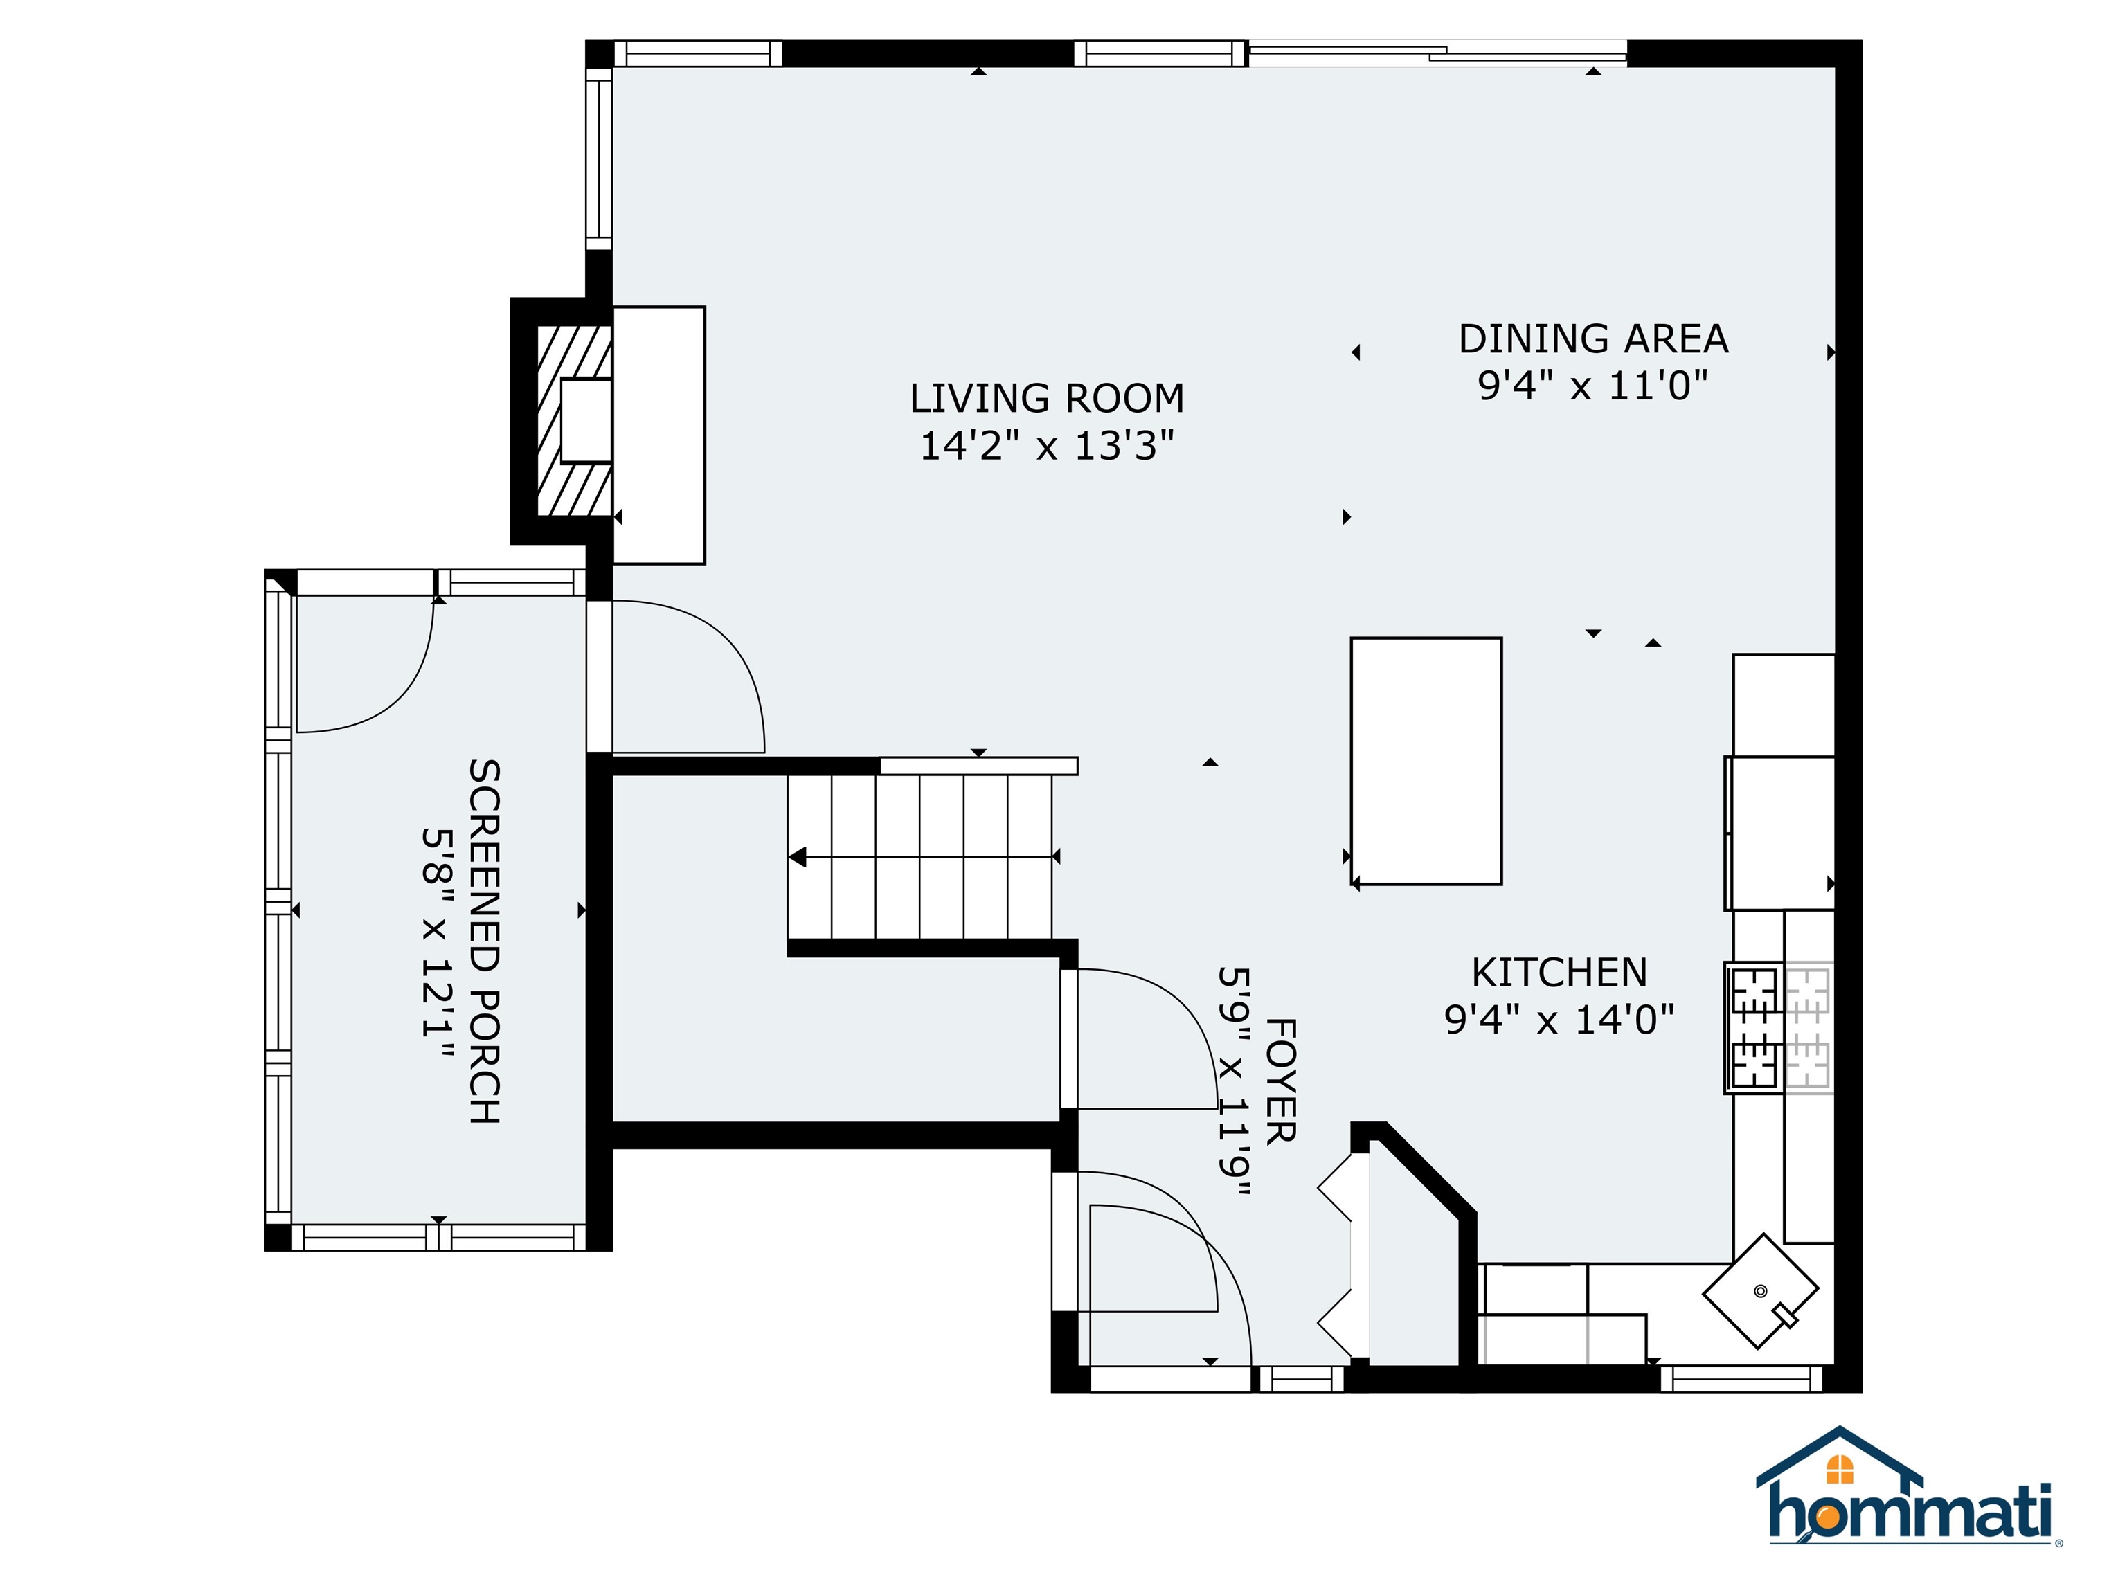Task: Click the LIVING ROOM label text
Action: tap(1046, 398)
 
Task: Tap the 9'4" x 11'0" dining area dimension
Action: tap(1592, 386)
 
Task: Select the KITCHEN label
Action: tap(1559, 973)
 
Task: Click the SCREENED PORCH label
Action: tap(484, 941)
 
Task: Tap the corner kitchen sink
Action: tap(1759, 1291)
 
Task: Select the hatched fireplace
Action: tap(573, 420)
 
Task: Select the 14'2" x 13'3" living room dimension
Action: tap(1046, 446)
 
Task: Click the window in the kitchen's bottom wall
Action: tap(1741, 1380)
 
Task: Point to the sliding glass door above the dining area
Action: tap(1437, 52)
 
